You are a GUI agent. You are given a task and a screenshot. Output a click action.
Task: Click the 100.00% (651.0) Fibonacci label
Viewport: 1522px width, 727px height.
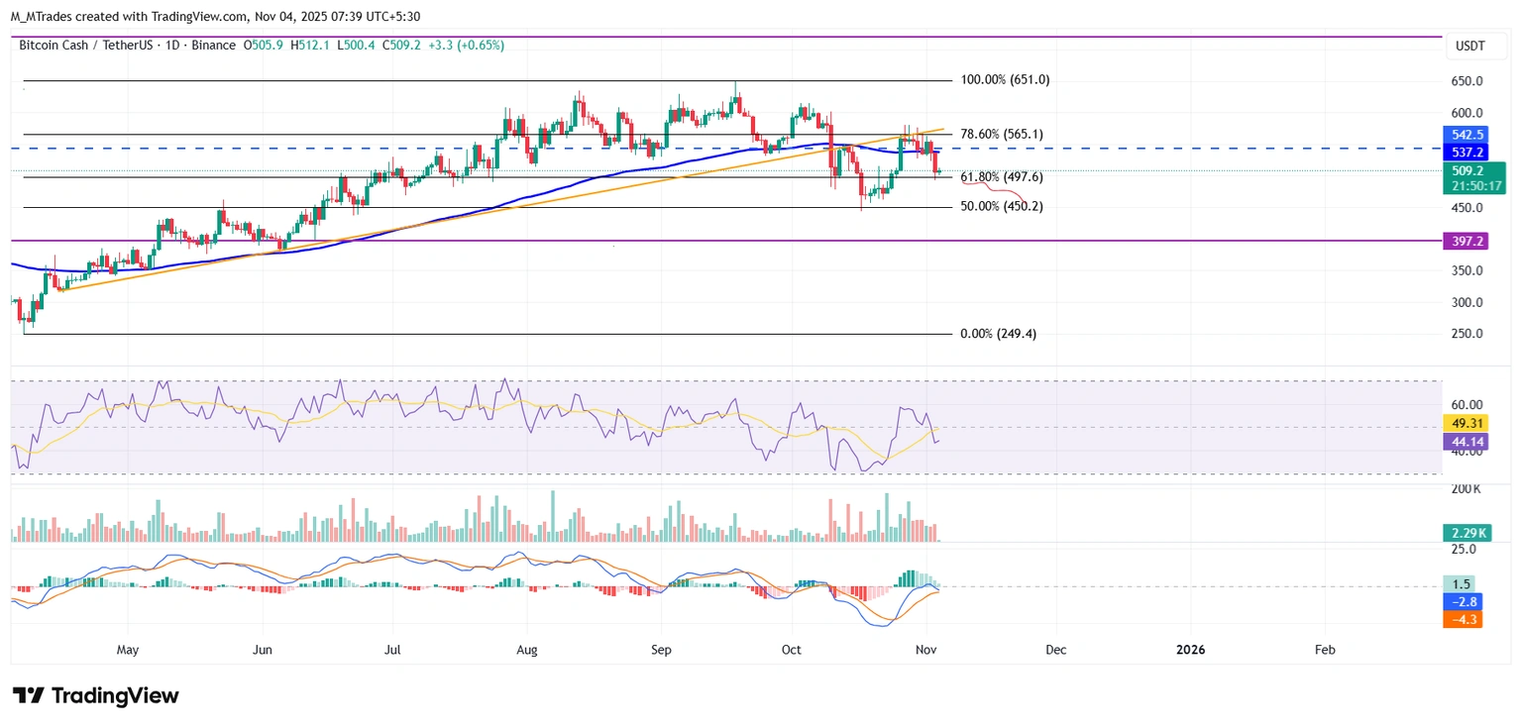click(x=1005, y=80)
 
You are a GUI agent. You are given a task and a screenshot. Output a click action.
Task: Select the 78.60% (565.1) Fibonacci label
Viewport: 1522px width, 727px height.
click(x=1002, y=134)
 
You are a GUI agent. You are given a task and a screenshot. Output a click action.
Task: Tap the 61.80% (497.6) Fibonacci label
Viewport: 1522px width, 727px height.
click(x=1002, y=177)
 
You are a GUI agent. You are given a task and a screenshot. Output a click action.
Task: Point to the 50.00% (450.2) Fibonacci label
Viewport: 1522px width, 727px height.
click(x=1002, y=207)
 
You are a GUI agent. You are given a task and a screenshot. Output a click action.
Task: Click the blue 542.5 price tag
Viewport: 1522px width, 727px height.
click(x=1462, y=135)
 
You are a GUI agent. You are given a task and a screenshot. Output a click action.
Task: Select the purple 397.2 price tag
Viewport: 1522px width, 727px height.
click(x=1462, y=241)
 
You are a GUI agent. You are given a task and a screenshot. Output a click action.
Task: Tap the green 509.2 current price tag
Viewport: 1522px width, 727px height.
click(x=1462, y=170)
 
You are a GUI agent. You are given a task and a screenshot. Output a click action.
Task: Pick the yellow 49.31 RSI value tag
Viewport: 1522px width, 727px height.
click(x=1462, y=423)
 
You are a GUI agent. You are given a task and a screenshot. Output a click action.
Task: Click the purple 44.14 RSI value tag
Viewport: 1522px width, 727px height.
click(x=1462, y=441)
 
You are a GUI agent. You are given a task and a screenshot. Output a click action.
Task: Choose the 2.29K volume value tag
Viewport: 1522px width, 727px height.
click(x=1462, y=533)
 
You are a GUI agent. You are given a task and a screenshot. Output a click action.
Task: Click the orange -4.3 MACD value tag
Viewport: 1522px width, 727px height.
click(x=1462, y=620)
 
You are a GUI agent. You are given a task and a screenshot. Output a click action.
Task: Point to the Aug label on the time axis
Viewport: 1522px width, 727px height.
click(x=527, y=650)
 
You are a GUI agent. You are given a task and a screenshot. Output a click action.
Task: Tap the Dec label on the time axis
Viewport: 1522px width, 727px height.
click(x=1056, y=650)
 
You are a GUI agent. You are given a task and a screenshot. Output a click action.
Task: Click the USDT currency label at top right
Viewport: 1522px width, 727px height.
click(x=1463, y=46)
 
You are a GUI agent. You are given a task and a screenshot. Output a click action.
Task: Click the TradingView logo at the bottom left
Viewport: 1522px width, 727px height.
click(x=95, y=695)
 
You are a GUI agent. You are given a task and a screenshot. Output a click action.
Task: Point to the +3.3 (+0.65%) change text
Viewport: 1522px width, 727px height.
click(x=466, y=46)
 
